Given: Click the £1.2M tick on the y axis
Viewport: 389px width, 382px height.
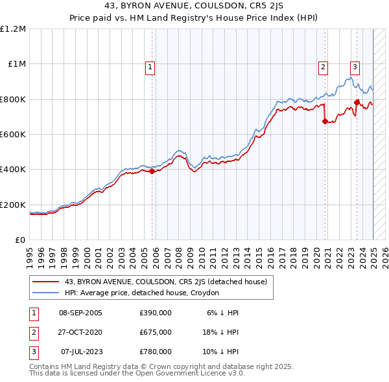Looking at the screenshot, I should click(13, 28).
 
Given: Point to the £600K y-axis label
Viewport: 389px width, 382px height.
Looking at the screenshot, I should click(13, 134).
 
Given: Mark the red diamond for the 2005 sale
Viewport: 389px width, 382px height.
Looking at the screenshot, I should click(152, 172).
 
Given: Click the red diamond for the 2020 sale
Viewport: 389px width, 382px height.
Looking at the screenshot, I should click(325, 121).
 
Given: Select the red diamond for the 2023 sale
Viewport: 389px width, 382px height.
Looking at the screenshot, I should click(357, 102).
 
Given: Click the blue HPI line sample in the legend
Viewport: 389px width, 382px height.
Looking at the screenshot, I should click(47, 293).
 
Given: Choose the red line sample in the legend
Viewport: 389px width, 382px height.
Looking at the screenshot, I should click(47, 281).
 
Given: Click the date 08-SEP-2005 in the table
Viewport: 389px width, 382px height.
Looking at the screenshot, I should click(80, 313).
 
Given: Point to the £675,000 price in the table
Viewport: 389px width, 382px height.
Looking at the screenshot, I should click(156, 332).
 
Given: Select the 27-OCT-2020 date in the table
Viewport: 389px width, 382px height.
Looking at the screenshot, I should click(80, 332).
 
